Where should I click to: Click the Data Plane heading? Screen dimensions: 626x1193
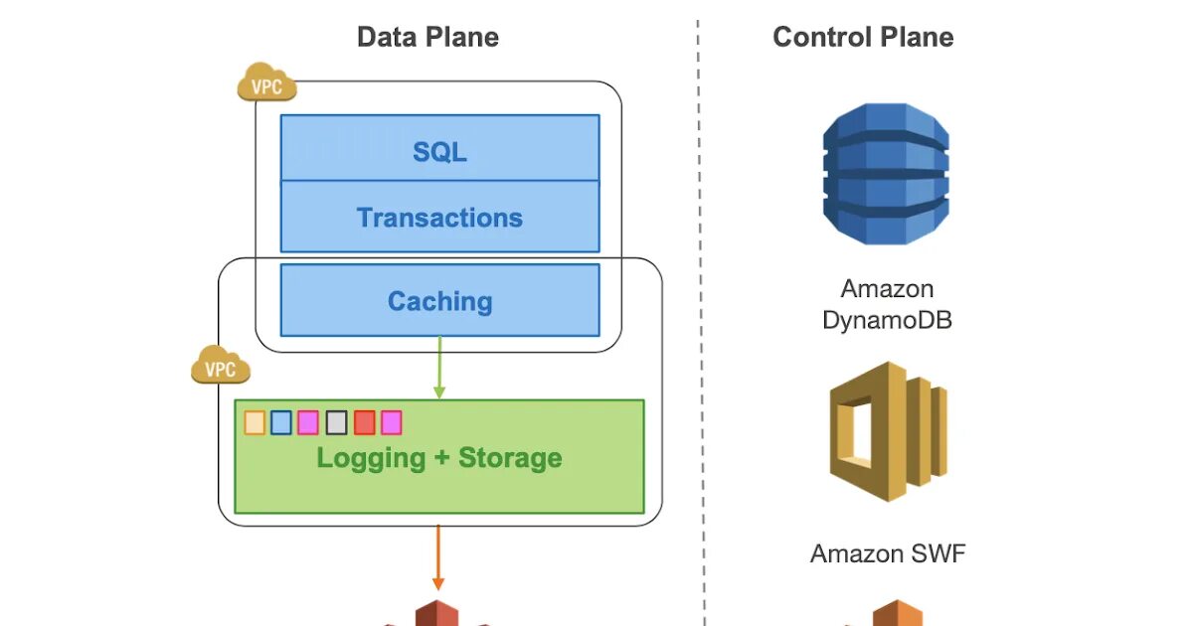click(427, 38)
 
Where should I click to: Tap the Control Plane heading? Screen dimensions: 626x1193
click(863, 38)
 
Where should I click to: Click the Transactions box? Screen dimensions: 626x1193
click(439, 218)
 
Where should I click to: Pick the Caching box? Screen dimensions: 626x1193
click(439, 301)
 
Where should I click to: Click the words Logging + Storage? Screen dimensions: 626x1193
click(439, 458)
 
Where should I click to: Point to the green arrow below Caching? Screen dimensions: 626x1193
click(439, 368)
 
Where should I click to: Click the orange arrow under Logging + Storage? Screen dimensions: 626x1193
click(437, 556)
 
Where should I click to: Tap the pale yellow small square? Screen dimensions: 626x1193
click(255, 422)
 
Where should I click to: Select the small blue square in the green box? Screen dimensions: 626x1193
click(281, 422)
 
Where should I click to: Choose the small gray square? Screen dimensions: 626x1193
click(336, 422)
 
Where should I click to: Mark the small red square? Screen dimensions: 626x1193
click(364, 422)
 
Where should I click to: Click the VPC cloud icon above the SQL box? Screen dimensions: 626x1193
click(266, 83)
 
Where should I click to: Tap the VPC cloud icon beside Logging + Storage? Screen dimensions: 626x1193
click(221, 367)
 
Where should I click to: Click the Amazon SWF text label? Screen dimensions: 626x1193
click(887, 553)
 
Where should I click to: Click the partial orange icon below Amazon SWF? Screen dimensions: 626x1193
click(897, 613)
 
